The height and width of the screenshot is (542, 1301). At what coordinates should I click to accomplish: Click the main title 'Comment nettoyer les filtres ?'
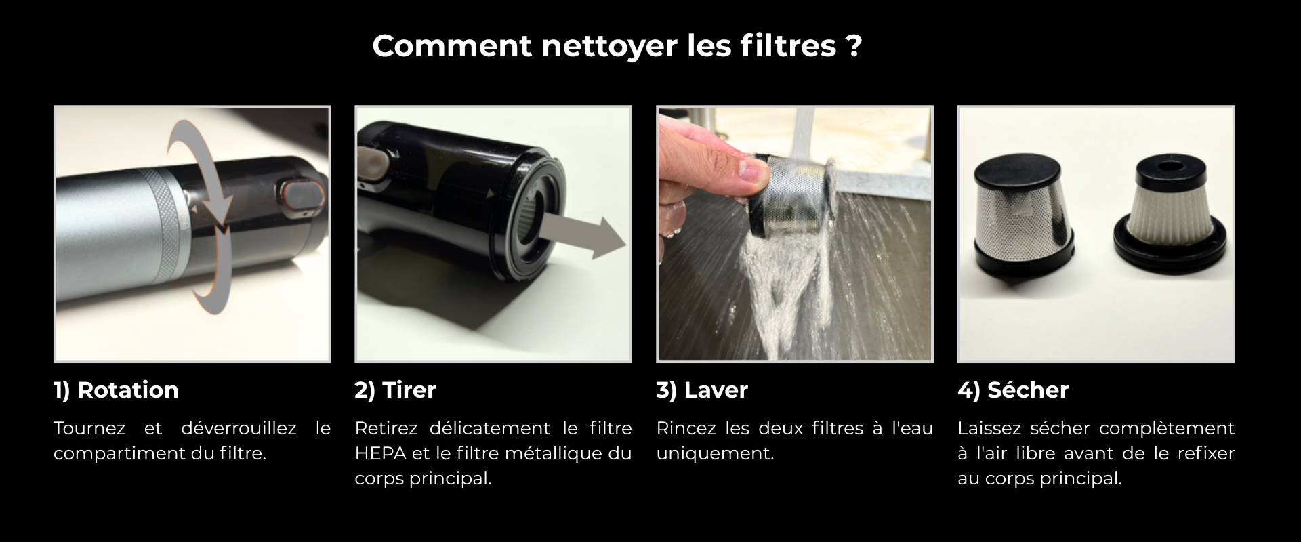pos(617,46)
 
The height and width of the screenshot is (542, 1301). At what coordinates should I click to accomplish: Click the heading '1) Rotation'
pos(116,390)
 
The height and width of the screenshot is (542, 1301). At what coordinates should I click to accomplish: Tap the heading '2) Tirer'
pos(395,390)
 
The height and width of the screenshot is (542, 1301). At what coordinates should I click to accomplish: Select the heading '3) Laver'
pos(702,390)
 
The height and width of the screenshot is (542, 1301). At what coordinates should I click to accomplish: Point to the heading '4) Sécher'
pos(1013,390)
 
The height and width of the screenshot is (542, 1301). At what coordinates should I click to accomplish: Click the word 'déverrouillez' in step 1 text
pos(239,428)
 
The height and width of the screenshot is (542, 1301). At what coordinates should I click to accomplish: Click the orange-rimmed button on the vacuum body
pos(297,195)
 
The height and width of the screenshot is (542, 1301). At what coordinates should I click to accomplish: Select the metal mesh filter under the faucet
pos(793,196)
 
